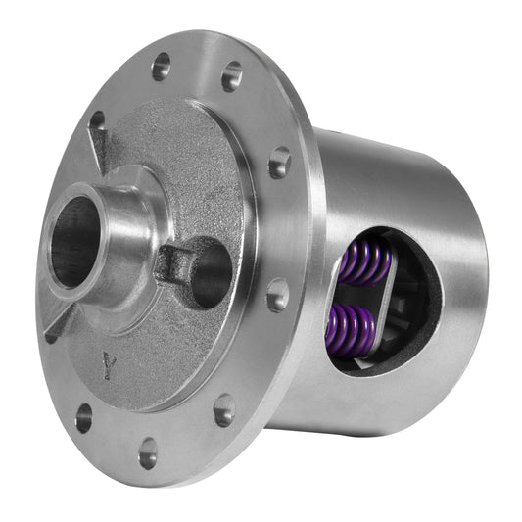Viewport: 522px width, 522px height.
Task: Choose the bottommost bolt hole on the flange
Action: coord(148,453)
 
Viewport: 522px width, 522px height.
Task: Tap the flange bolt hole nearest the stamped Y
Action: coord(83,417)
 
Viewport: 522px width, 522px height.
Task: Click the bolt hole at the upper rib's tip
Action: coord(97,120)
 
